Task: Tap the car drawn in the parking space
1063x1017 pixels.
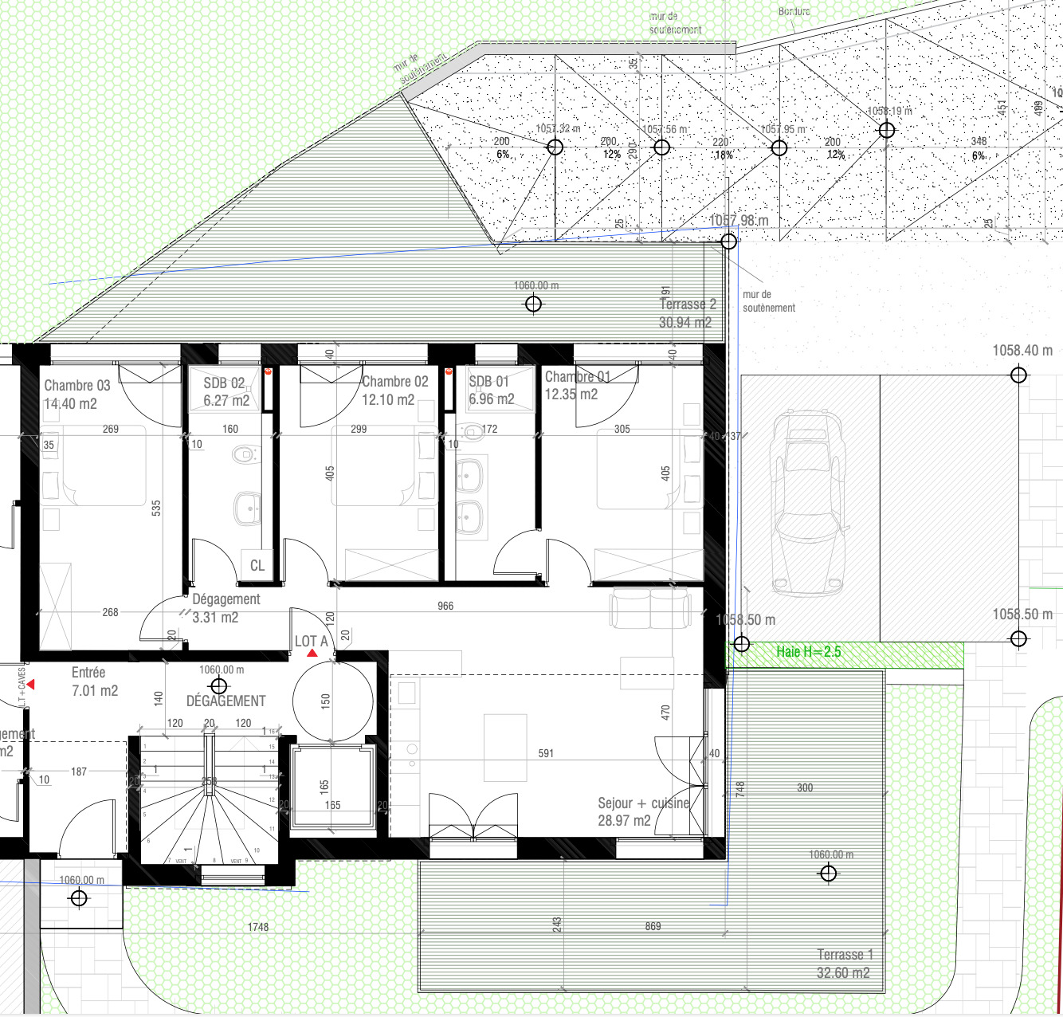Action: tap(807, 504)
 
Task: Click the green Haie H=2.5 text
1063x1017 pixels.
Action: tap(809, 652)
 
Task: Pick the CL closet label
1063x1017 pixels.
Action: tap(257, 566)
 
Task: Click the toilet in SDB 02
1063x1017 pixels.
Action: tap(243, 455)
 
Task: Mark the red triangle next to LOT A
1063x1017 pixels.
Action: tap(312, 654)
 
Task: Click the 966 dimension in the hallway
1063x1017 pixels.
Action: tap(445, 607)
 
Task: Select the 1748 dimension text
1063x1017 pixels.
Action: tap(258, 927)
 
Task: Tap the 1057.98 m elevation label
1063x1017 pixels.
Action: tap(739, 221)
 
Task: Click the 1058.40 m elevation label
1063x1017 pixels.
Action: tap(1022, 351)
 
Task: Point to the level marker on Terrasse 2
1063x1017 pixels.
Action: tap(534, 304)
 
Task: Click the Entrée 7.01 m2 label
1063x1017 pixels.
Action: tap(94, 681)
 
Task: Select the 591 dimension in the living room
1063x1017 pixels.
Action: tap(546, 753)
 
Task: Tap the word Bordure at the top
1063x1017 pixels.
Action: tap(794, 11)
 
